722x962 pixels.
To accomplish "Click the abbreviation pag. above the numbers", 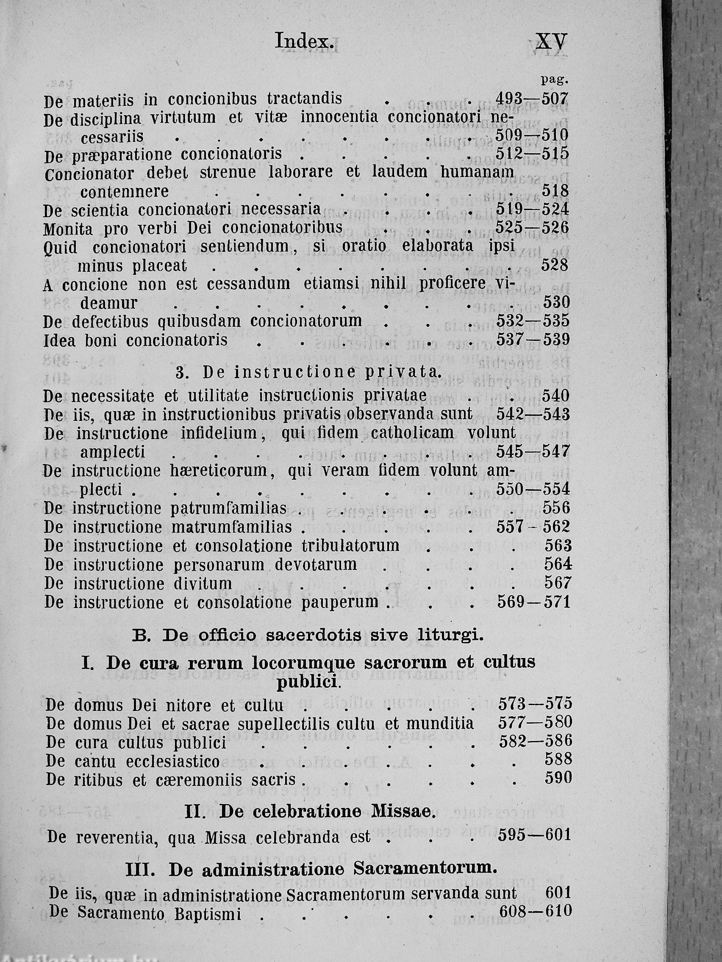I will tap(555, 80).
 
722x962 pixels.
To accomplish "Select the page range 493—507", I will tap(532, 99).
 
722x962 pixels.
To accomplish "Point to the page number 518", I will tap(555, 191).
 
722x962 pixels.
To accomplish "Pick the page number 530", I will tap(556, 302).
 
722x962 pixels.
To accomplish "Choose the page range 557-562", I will tap(533, 527).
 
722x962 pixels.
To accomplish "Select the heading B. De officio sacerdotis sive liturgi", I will tap(308, 636).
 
